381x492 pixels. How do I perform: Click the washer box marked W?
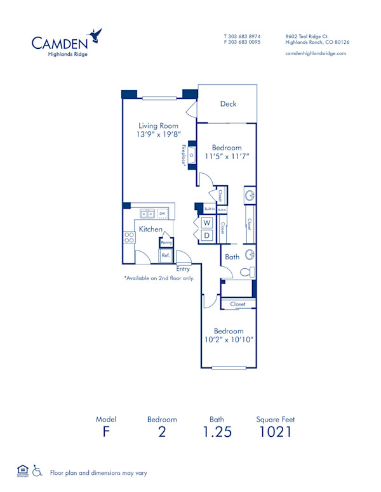click(207, 223)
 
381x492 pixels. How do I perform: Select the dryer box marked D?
click(207, 235)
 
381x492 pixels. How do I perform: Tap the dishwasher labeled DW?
click(163, 214)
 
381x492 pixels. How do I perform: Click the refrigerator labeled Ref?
click(165, 255)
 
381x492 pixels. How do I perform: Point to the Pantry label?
click(166, 242)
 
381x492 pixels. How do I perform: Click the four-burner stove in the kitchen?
click(129, 237)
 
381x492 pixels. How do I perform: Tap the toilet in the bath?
click(247, 273)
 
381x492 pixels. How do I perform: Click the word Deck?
click(229, 104)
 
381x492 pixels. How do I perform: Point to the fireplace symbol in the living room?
click(191, 155)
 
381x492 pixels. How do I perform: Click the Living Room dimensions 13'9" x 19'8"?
click(159, 134)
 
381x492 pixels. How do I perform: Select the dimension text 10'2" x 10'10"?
click(228, 340)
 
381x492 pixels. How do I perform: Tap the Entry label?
click(183, 269)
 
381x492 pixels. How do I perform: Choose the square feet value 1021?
click(275, 433)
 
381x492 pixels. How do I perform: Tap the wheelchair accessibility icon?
click(37, 471)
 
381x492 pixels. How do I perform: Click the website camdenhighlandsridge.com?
click(316, 54)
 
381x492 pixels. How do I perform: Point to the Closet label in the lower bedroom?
click(237, 304)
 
